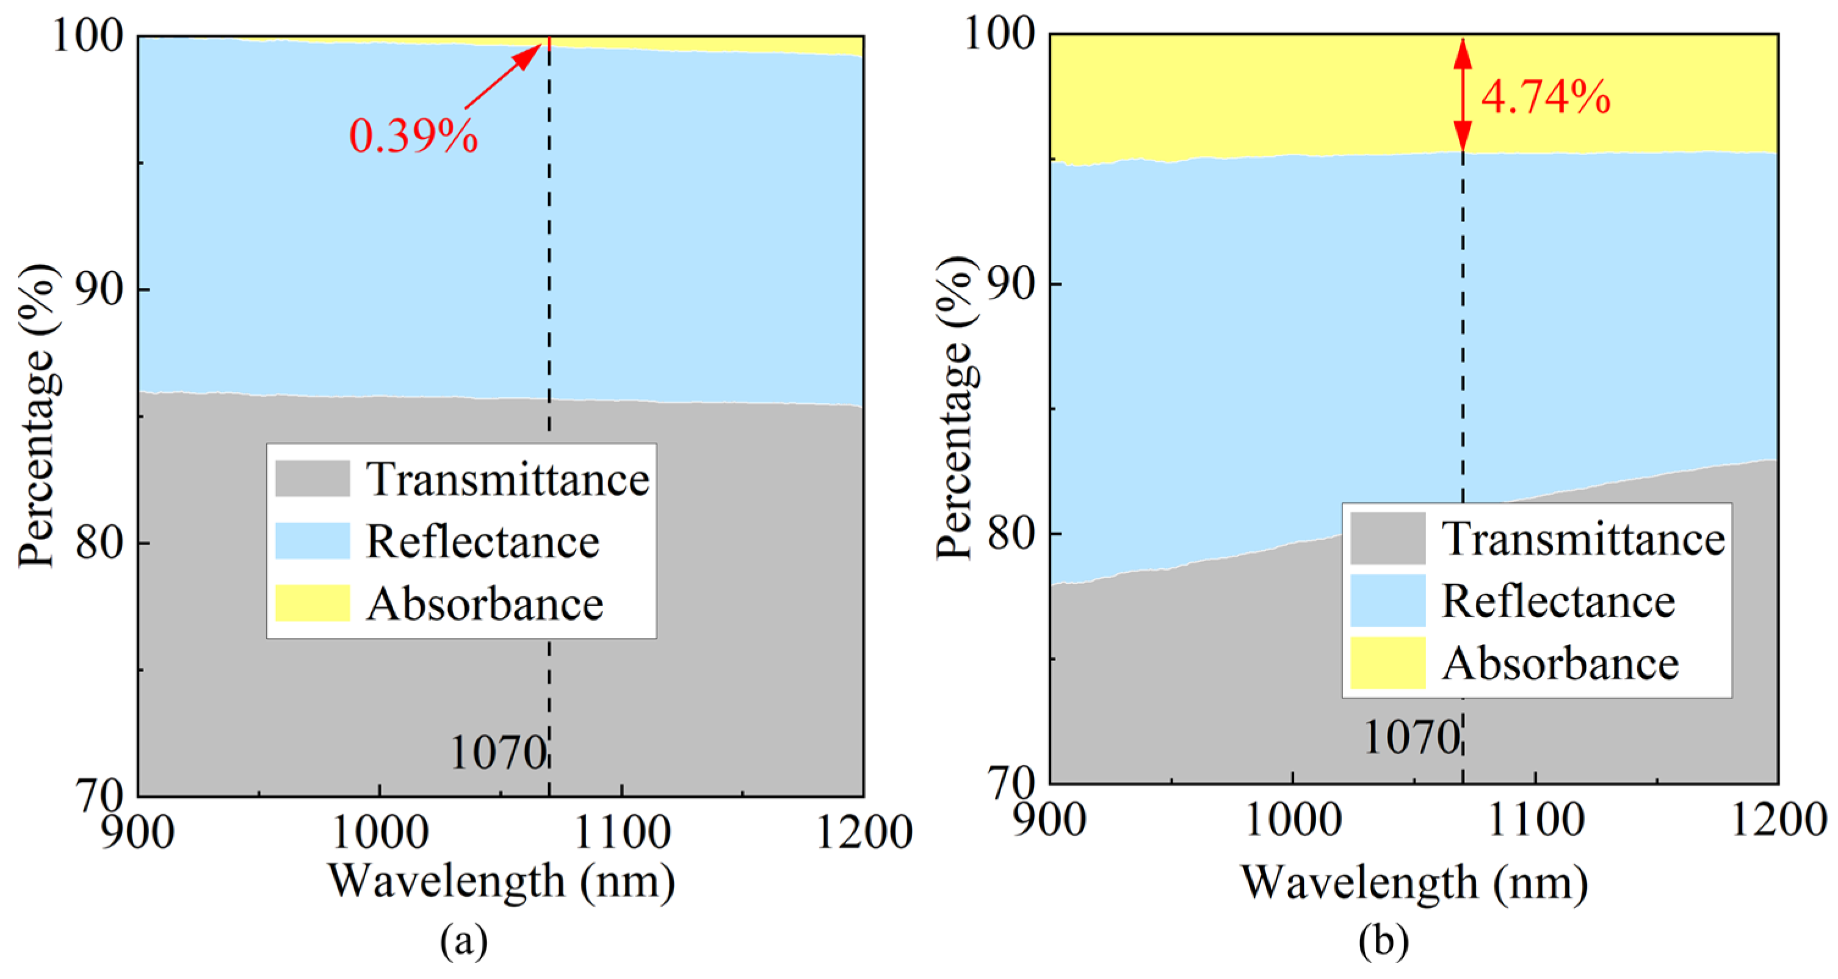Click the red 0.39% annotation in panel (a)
413,135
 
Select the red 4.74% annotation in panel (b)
1546,97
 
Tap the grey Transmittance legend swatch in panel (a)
313,478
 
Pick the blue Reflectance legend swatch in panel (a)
313,541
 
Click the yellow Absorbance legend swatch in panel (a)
313,603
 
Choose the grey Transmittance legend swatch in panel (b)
1388,538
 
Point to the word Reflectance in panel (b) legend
1558,601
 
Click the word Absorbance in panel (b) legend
1560,663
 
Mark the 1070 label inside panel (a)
497,753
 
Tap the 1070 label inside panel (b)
1411,738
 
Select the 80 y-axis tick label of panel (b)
1010,533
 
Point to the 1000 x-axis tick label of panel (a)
380,832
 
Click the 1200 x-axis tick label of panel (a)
863,832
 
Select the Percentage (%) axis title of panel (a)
37,415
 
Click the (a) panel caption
465,942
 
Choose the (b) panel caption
1383,942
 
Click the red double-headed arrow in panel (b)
1463,93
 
